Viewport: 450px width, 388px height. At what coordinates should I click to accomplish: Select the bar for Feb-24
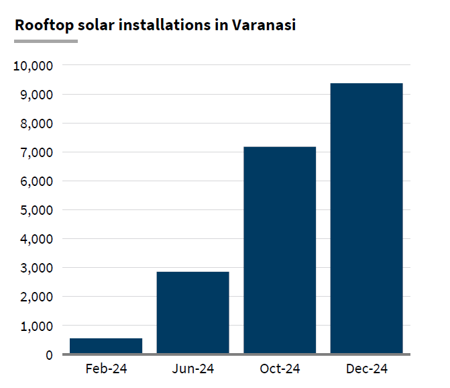106,346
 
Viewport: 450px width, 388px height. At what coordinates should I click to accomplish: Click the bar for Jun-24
193,312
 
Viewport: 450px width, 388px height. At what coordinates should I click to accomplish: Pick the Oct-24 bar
280,250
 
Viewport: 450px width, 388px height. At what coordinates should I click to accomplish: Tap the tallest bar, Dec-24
367,218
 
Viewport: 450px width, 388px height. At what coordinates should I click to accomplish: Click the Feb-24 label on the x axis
106,369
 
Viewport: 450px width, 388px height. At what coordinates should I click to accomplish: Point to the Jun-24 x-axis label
193,369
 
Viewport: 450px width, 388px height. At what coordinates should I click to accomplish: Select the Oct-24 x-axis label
280,369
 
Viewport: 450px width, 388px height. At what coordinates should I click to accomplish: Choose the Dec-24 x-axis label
367,369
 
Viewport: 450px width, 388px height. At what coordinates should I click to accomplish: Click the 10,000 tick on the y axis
33,66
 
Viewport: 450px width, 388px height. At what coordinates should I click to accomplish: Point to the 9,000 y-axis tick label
36,95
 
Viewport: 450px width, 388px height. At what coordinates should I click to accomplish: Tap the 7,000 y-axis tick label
36,152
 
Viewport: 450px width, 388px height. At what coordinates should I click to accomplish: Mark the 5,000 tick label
36,210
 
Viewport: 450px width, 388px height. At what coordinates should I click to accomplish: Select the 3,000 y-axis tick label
36,268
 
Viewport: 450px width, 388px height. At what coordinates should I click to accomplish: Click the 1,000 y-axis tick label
36,326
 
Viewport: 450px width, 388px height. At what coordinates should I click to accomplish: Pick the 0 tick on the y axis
49,354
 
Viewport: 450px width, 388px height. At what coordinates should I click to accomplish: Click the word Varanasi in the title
264,26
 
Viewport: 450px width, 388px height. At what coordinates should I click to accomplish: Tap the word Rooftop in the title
40,26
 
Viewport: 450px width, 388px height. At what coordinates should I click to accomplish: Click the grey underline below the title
46,42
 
